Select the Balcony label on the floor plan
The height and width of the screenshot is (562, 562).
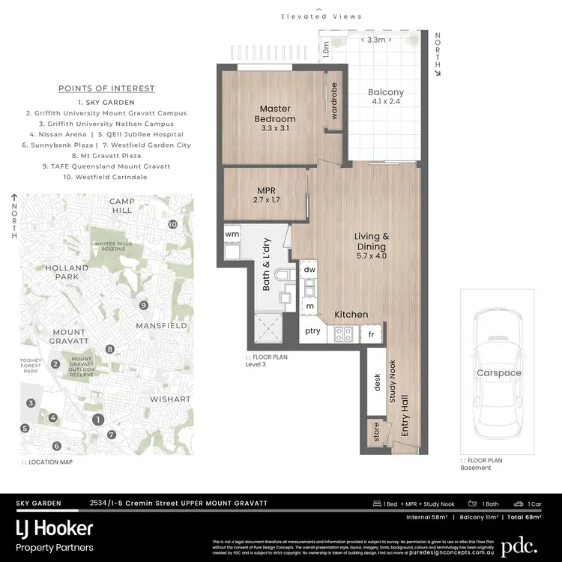[386, 98]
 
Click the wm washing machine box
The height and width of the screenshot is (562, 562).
[232, 235]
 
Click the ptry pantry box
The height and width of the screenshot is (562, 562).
[312, 331]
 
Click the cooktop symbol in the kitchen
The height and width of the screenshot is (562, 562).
[345, 333]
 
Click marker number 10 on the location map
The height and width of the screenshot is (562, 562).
[173, 224]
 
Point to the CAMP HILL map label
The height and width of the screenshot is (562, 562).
[121, 205]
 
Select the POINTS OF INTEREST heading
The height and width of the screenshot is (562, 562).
[106, 88]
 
